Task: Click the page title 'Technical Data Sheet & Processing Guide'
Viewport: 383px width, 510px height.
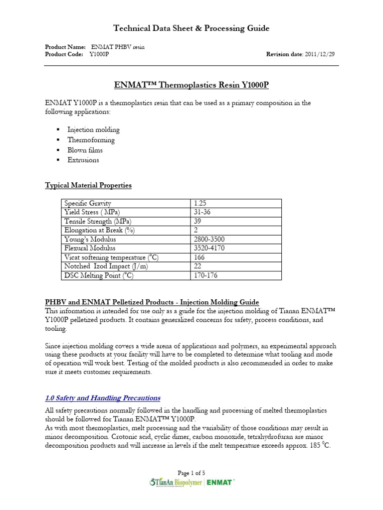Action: click(x=191, y=28)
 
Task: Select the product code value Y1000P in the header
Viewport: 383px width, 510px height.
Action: click(x=99, y=54)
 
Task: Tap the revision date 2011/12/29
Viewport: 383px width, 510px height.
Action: click(x=322, y=54)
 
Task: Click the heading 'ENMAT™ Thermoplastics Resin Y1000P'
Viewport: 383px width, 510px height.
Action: click(x=191, y=85)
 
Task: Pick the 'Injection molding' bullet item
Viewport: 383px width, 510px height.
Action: click(x=93, y=130)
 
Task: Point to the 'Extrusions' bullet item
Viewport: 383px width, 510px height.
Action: click(x=83, y=160)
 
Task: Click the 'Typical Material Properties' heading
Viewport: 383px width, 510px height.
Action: click(x=88, y=185)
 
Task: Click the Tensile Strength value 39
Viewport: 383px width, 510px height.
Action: click(x=197, y=221)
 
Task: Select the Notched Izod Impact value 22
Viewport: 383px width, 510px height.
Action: click(x=197, y=266)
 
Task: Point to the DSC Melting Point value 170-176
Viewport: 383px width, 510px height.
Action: click(x=206, y=275)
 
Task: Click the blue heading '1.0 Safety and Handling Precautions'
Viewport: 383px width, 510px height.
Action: click(x=102, y=397)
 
